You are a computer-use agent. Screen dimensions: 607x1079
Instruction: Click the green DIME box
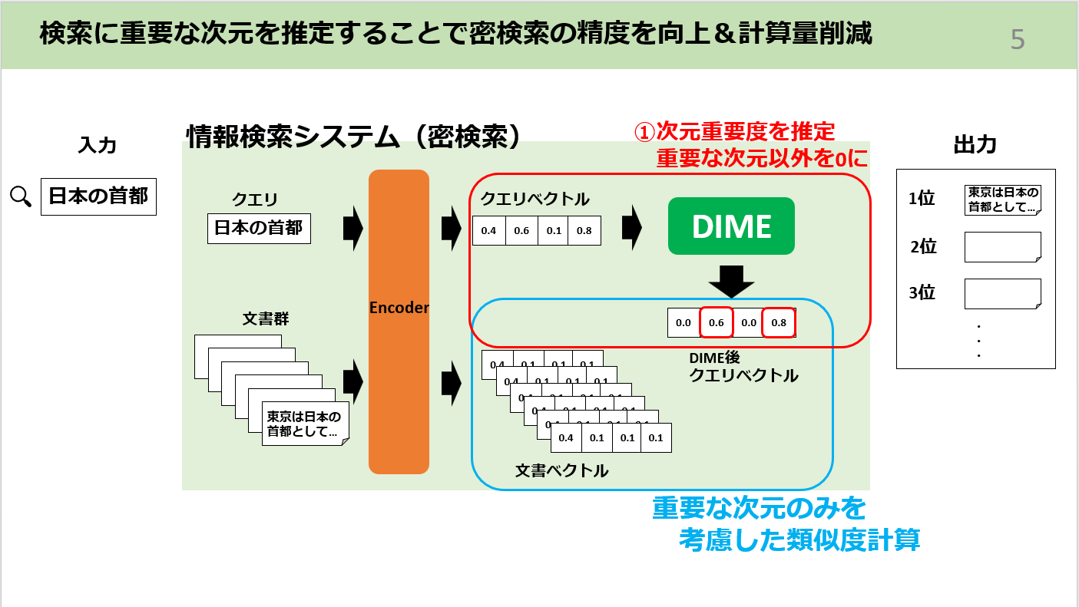(731, 226)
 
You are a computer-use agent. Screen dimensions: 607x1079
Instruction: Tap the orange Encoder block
(399, 322)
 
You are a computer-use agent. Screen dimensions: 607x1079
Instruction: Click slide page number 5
(1017, 39)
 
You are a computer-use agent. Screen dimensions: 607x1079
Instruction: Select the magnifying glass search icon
(21, 196)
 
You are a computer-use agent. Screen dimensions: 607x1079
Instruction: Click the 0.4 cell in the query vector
(488, 230)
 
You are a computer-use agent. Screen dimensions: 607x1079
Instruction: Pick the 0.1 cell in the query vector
(553, 230)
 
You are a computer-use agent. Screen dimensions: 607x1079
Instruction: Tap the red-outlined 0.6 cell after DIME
(716, 323)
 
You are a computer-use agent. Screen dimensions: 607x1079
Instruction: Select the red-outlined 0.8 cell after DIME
(779, 323)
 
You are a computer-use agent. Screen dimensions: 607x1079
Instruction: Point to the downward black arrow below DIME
(731, 282)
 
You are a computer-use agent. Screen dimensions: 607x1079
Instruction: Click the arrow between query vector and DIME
(631, 228)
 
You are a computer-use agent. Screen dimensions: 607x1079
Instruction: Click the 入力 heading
(98, 144)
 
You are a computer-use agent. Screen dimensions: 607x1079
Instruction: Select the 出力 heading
(975, 144)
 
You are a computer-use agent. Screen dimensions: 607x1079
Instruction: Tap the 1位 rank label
(922, 199)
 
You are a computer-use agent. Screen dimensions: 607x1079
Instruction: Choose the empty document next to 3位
(1002, 294)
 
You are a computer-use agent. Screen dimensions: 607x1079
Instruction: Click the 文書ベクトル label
(561, 470)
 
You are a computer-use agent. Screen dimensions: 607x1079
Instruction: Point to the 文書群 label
(266, 318)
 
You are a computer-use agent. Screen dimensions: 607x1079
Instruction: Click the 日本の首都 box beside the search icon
(98, 196)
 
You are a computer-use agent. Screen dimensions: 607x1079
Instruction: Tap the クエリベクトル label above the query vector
(535, 200)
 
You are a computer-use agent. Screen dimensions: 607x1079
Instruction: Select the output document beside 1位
(1002, 200)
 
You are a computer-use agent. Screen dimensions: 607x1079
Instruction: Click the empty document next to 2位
(1002, 247)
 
